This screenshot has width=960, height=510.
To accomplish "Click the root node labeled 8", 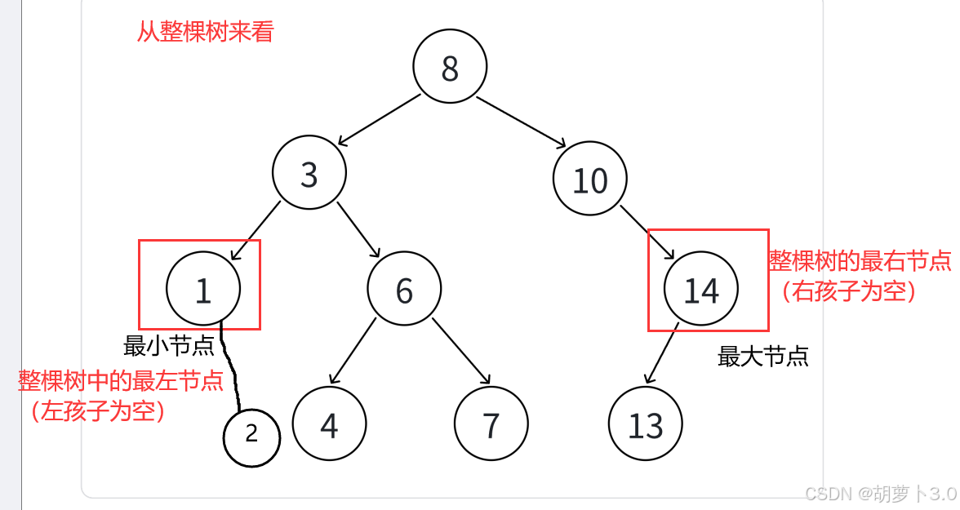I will point(450,68).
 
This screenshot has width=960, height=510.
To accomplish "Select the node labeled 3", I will point(309,174).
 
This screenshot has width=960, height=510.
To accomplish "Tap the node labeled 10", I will point(590,180).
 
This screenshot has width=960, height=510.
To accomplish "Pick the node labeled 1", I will point(203,289).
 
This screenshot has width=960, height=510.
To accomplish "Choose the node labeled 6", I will point(404,290).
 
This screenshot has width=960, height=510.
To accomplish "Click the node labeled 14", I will point(701,290).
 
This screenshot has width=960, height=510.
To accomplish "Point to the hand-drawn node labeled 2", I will point(251,437).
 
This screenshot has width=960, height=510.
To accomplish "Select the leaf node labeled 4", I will point(329,424).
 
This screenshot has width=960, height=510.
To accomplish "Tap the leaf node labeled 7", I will point(491,424).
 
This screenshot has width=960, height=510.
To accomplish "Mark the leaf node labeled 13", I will point(645,424).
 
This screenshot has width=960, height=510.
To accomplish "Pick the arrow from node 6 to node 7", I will point(461,351).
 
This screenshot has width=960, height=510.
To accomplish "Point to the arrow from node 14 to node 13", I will point(662,353).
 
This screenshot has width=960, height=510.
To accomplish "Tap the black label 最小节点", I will point(169,346).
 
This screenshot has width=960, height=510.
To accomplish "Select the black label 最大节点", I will point(762,356).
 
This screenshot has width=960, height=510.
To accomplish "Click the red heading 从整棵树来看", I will point(205,32).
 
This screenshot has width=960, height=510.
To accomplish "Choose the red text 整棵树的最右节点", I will point(860,261).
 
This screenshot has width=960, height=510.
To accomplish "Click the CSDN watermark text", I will point(879,493).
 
